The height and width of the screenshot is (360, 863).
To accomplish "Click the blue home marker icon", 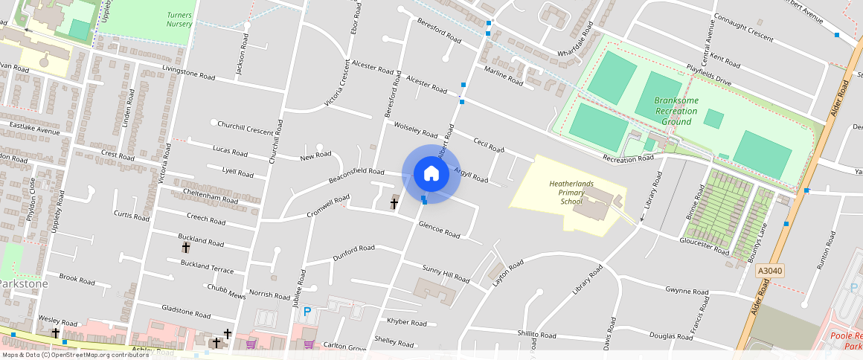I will click(431, 174).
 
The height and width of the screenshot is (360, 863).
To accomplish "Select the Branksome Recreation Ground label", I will click(676, 111).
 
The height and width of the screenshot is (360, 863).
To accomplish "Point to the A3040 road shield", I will click(770, 271).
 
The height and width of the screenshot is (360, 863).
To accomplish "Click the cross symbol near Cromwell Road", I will click(394, 202).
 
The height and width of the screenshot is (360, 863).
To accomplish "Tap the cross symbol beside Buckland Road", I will click(186, 247).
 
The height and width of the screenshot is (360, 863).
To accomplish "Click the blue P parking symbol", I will click(307, 312).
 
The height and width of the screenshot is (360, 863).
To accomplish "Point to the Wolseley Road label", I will click(415, 130).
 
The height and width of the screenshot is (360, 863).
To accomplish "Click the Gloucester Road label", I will click(705, 246).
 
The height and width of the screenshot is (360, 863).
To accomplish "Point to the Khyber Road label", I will click(407, 322).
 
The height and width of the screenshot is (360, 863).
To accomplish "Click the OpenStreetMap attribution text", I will click(75, 355).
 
